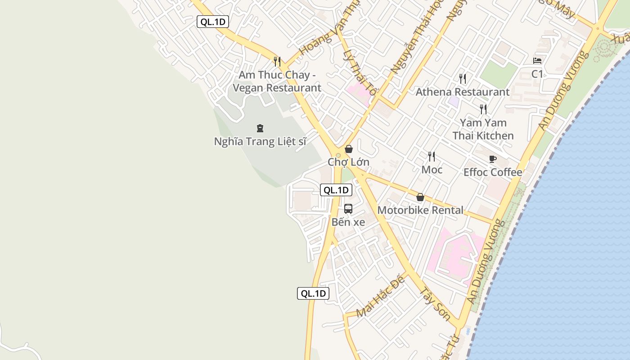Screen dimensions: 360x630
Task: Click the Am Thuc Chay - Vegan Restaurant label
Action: (x=277, y=81)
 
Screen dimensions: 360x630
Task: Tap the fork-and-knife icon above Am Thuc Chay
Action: (x=277, y=62)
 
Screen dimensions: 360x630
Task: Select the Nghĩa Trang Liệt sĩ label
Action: (x=260, y=141)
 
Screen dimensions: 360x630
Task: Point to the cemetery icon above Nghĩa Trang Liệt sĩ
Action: (x=260, y=129)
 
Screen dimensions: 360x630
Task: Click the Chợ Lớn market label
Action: (x=348, y=162)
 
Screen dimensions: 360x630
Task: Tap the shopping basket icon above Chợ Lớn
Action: (x=348, y=149)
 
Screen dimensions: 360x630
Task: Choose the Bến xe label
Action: (x=348, y=222)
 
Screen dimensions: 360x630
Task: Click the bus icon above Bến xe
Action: (x=348, y=209)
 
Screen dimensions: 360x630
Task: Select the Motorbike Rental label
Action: (x=420, y=210)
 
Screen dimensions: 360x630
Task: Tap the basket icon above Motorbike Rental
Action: (x=420, y=197)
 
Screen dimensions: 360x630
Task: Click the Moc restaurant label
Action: (x=432, y=170)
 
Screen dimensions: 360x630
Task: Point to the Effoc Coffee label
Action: (x=493, y=172)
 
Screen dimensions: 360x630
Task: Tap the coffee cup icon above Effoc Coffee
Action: (x=493, y=159)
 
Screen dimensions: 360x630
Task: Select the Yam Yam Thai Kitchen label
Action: (x=483, y=129)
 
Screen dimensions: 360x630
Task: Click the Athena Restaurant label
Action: (x=463, y=92)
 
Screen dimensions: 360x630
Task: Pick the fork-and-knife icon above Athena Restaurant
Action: (x=463, y=79)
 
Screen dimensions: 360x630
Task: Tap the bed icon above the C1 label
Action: (x=537, y=61)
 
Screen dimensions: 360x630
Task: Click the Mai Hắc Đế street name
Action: (x=380, y=297)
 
